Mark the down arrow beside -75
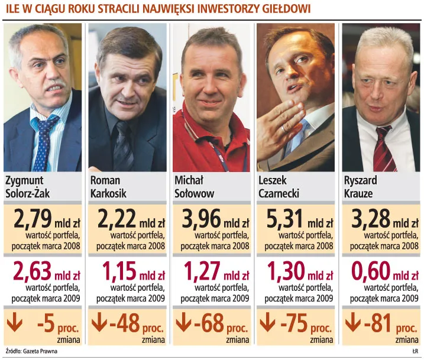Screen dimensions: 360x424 coord(268,323)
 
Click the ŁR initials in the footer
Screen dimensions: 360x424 coord(415,351)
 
